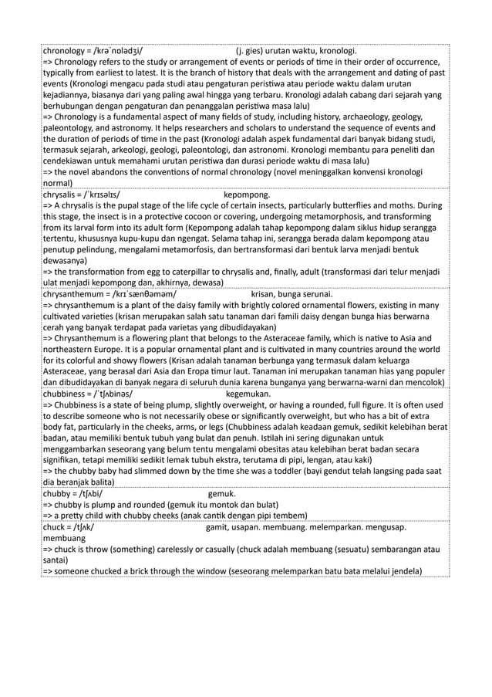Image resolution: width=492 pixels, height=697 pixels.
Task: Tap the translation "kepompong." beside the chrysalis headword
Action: tap(246, 196)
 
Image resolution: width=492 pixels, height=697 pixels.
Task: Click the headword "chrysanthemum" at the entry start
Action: tap(75, 294)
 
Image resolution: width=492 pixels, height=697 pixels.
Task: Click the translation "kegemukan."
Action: tap(248, 393)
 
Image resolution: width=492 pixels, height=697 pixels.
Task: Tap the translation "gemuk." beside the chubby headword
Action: tap(222, 492)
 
